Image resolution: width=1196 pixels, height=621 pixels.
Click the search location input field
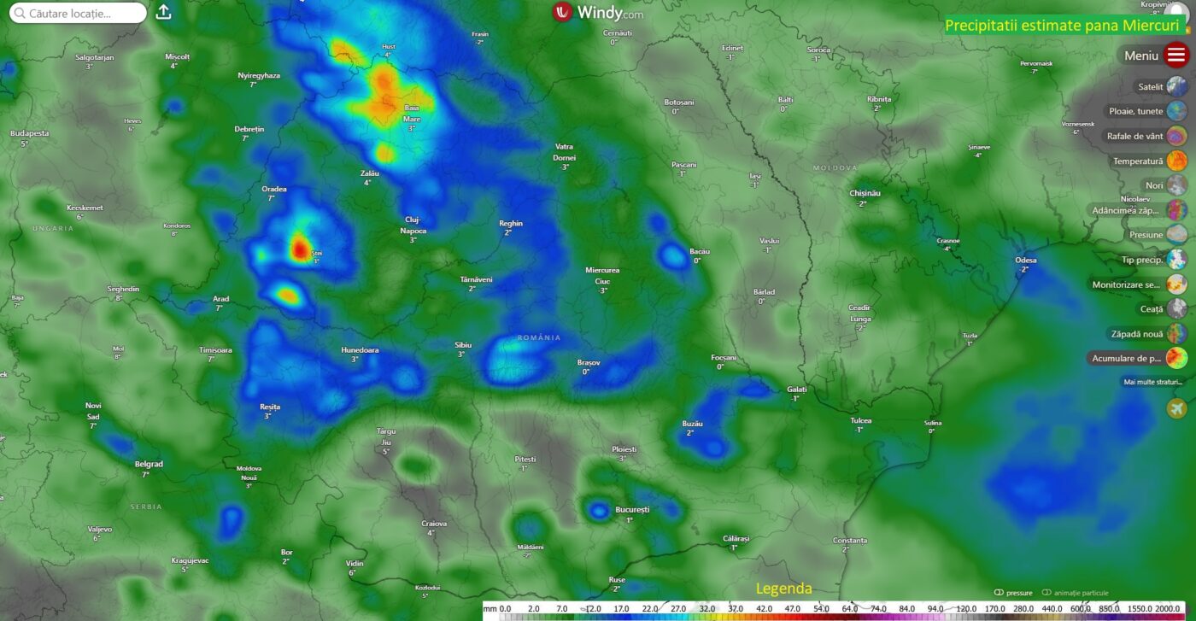pos(81,13)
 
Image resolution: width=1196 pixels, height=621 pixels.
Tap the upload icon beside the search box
pos(164,12)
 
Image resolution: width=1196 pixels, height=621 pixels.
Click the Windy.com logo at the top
pos(597,13)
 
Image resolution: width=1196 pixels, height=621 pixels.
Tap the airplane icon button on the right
pos(1176,408)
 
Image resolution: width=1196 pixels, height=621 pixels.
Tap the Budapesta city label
pos(29,133)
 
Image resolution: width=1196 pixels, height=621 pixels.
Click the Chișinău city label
pos(865,193)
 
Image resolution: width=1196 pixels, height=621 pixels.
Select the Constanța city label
pos(849,540)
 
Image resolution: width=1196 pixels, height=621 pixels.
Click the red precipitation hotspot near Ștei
pos(299,249)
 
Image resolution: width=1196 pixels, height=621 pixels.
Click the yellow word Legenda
pos(783,589)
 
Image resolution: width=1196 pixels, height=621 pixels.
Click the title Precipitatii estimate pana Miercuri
pos(1061,26)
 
